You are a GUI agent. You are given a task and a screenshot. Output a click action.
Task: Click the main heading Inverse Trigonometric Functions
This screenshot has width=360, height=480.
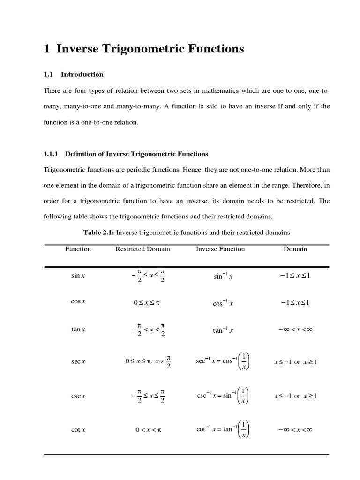(150, 49)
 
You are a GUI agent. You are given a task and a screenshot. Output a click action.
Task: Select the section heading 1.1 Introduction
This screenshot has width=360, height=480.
(74, 75)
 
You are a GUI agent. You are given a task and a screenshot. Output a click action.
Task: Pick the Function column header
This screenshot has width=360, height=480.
(78, 249)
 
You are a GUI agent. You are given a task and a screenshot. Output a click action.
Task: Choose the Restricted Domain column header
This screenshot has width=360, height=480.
(142, 249)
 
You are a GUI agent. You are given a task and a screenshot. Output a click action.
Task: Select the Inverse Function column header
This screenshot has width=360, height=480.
(220, 249)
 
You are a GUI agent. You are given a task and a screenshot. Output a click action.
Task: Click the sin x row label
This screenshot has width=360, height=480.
(78, 276)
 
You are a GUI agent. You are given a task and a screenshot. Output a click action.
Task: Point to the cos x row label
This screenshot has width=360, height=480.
(78, 302)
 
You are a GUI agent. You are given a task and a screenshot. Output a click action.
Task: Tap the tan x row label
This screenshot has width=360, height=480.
(78, 330)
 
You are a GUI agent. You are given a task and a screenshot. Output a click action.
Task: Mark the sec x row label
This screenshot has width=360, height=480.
(78, 362)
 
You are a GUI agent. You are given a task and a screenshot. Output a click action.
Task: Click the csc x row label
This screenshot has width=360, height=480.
(78, 396)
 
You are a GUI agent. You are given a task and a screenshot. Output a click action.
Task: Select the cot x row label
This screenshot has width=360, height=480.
(78, 430)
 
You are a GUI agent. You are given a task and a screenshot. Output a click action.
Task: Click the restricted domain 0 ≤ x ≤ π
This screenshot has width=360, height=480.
(147, 303)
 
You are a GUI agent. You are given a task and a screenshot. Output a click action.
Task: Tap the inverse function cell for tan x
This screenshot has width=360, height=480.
(223, 330)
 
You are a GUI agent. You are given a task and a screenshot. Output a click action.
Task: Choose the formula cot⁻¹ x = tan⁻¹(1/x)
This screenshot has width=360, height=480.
(223, 429)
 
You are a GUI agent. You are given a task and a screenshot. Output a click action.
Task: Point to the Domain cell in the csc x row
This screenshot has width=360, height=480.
(295, 396)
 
